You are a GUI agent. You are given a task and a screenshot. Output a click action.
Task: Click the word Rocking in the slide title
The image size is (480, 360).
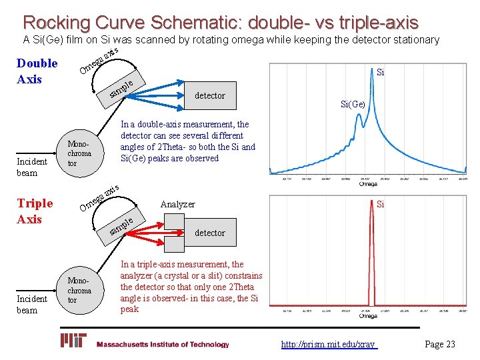coord(56,22)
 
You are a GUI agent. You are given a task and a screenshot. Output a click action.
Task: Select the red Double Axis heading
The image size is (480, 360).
coord(37,71)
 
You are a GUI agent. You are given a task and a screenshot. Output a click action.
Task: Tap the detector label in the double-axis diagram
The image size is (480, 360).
coord(209,96)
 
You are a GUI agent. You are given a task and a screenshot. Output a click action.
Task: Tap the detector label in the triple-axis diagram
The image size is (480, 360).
coord(209,233)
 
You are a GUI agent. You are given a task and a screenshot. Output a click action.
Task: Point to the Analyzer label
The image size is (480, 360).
coord(177,205)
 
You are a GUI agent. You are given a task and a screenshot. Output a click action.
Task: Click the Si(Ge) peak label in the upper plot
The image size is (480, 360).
coord(353,105)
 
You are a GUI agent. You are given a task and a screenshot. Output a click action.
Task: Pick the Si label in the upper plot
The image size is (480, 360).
coord(380,71)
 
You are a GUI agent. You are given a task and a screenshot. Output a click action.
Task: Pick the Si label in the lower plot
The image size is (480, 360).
coord(380,205)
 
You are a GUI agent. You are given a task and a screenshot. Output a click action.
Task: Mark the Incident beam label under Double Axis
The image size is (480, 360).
coord(32,167)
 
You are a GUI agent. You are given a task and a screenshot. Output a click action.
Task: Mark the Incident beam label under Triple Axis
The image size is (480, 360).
coord(32,305)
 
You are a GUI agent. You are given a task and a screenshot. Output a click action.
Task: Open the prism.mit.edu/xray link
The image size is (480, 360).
coord(328,344)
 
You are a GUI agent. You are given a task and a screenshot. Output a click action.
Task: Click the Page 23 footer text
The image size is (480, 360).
coord(439,344)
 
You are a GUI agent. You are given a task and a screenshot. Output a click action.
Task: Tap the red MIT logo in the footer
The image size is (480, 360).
coord(74,341)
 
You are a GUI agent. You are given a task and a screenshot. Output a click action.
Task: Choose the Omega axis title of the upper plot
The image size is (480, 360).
coord(367,185)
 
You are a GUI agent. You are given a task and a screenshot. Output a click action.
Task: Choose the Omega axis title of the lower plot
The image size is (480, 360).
coord(367,316)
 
